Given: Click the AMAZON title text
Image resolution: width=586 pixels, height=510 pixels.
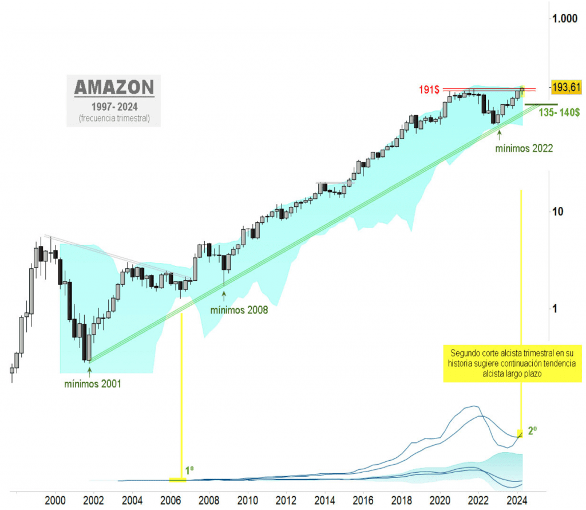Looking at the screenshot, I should tap(114, 88).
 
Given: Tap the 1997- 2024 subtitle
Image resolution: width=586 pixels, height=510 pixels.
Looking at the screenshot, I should tap(114, 107).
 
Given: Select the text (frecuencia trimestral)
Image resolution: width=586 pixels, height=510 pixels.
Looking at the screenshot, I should tap(114, 119).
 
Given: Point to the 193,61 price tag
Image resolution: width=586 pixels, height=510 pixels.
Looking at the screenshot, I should tap(565, 87).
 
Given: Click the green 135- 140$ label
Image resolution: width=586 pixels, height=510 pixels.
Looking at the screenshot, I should tap(559, 113).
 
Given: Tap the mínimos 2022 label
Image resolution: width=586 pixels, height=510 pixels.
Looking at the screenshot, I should tap(524, 148).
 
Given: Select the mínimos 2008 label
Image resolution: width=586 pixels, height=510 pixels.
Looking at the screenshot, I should tap(239, 311).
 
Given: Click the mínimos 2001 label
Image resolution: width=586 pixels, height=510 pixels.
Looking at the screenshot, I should tap(92, 383).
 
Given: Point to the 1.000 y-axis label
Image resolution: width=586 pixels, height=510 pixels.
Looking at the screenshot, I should tap(565, 19).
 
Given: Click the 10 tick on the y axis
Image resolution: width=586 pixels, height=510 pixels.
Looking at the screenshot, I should tap(557, 211).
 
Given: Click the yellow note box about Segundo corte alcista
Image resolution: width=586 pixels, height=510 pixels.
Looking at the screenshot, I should tap(508, 363).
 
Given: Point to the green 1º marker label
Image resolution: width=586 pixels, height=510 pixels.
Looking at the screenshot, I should tap(189, 470).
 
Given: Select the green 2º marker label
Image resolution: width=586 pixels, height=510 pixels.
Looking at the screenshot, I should tap(532, 431).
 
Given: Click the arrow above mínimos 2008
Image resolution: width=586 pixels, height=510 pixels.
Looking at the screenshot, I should tap(224, 295).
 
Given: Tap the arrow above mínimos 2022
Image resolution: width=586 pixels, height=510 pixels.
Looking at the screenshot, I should tap(500, 134).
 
